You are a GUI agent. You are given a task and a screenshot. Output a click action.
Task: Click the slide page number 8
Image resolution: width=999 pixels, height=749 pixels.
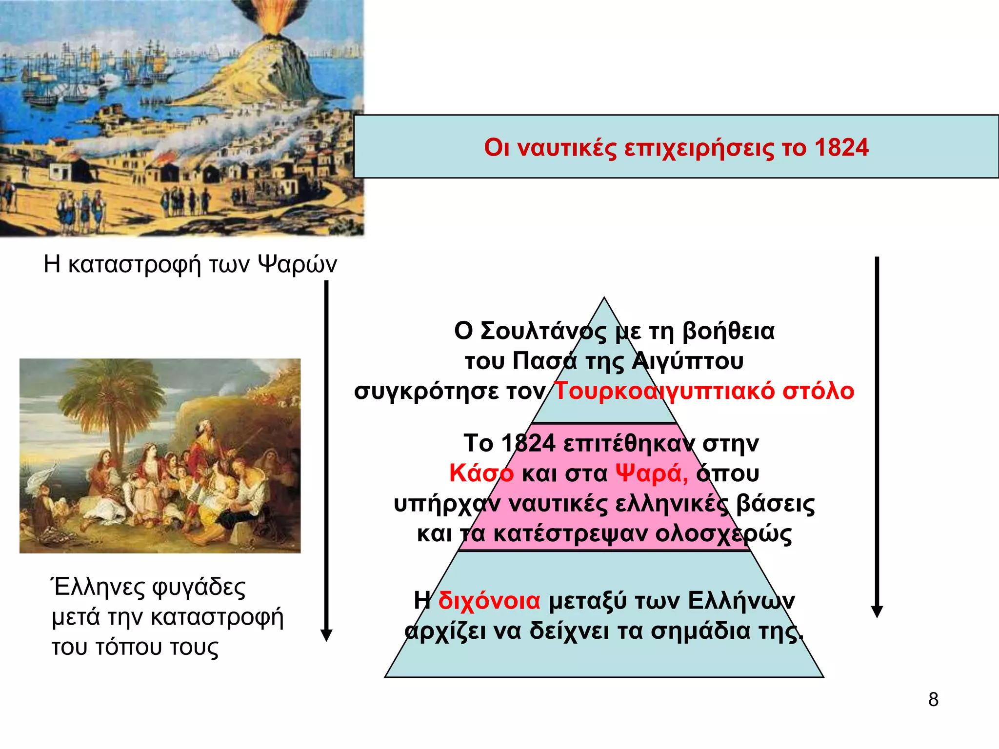933,700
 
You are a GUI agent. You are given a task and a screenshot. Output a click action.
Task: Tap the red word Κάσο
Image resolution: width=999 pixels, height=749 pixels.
481,473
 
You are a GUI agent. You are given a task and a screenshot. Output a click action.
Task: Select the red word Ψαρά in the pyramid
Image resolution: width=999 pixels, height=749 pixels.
651,473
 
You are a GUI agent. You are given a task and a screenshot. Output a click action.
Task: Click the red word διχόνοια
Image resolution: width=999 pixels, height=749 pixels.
489,601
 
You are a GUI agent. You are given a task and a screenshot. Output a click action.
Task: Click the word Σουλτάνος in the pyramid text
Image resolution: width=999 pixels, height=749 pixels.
543,331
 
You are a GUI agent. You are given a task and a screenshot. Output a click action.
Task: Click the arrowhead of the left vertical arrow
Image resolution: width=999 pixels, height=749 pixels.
326,635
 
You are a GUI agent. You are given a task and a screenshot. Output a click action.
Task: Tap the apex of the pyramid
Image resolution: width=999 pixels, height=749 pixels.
604,298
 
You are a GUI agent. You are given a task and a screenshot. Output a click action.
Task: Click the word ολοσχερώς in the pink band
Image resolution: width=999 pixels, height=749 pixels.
723,534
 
